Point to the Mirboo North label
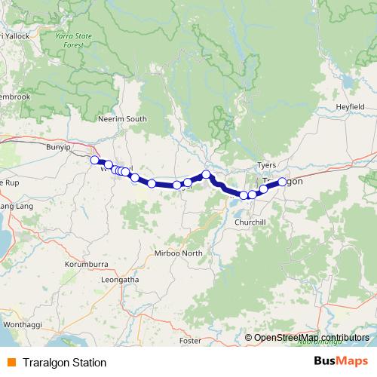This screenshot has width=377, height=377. (x=178, y=253)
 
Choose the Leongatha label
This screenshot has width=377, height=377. (x=121, y=279)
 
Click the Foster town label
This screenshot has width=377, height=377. (x=191, y=341)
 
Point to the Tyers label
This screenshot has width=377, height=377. (x=267, y=164)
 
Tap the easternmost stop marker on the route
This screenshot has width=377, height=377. (x=282, y=182)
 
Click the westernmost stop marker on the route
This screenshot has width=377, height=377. (x=94, y=160)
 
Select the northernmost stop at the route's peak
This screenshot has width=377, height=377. (x=206, y=175)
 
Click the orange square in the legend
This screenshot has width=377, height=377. (x=11, y=363)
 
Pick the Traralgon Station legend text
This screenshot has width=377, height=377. (x=64, y=363)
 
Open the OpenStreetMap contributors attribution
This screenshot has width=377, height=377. (x=311, y=337)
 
